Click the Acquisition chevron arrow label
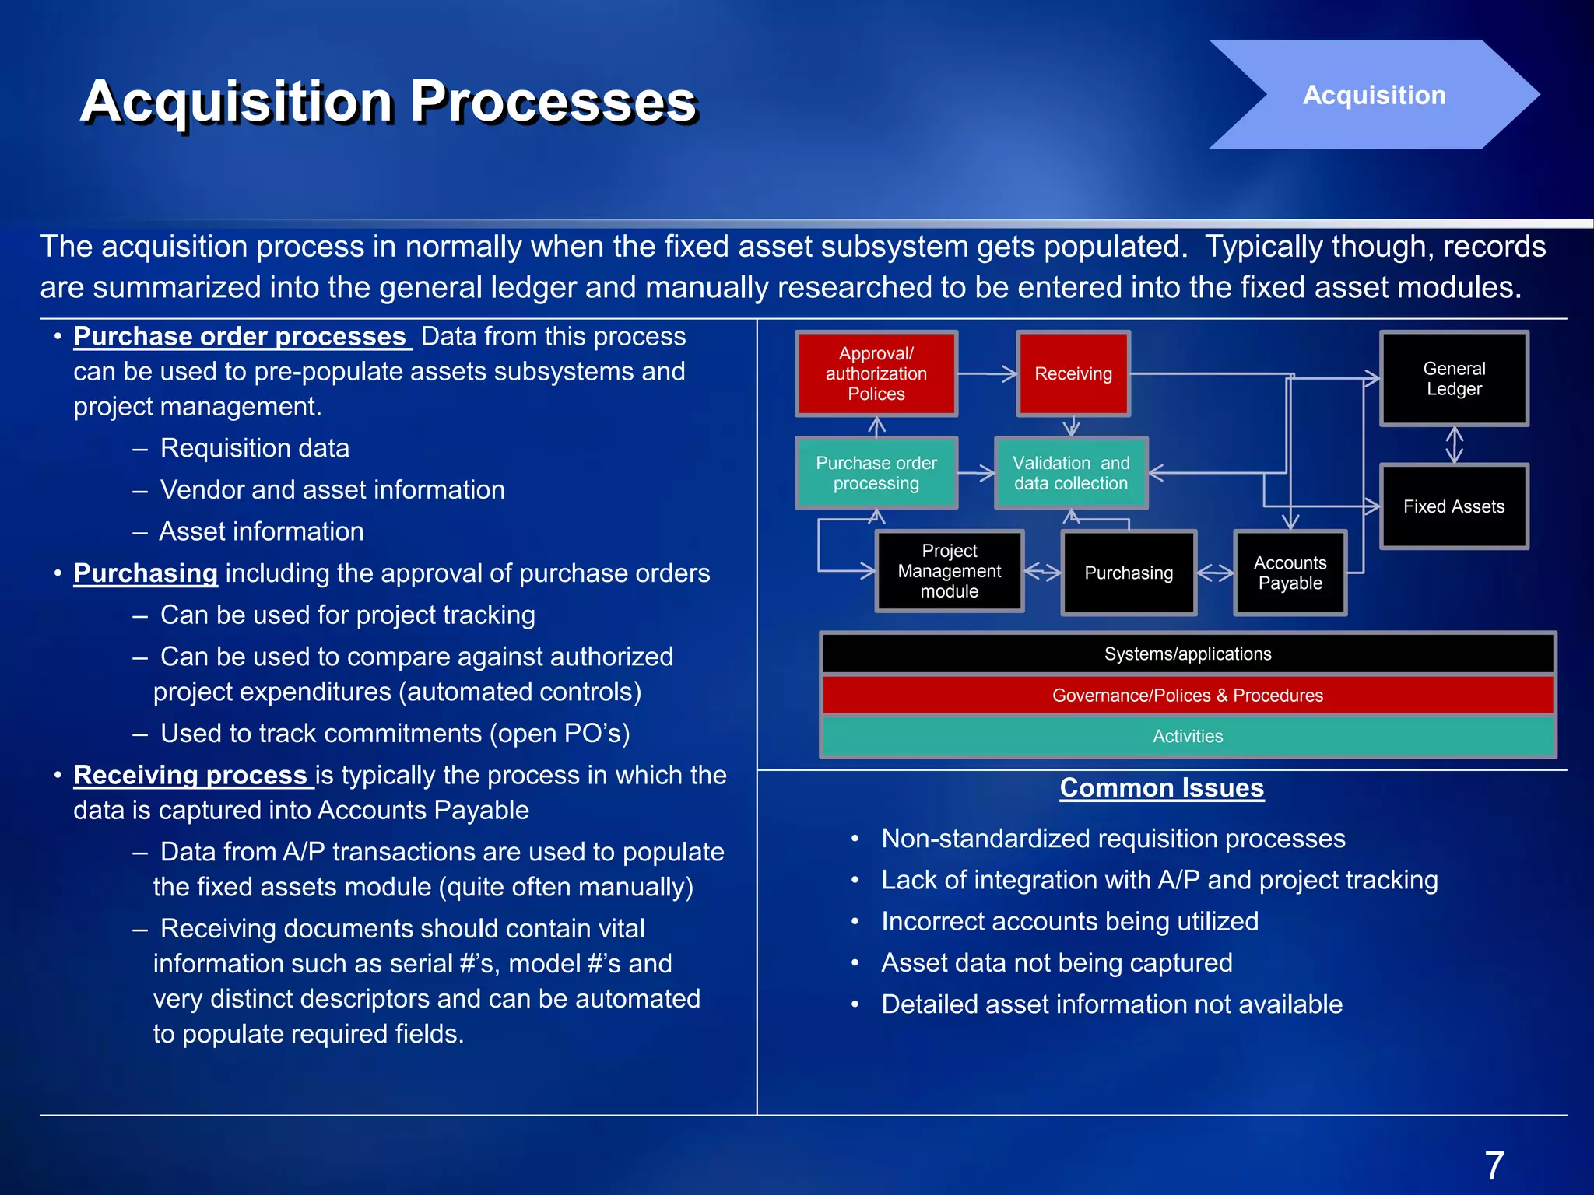point(1374,95)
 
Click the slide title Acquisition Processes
point(388,101)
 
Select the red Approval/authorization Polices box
point(876,373)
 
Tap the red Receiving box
point(1073,373)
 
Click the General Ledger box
point(1454,379)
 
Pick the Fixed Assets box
point(1454,506)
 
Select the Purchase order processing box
point(876,473)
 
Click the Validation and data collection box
point(1071,473)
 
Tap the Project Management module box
point(950,571)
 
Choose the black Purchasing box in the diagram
point(1129,573)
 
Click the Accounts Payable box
point(1290,573)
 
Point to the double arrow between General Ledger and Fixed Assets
point(1454,445)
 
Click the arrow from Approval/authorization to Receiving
point(987,374)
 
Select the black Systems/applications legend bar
point(1188,654)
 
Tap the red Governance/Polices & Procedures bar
point(1188,695)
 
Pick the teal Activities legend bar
point(1188,736)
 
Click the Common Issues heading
point(1161,787)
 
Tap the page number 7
point(1494,1165)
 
